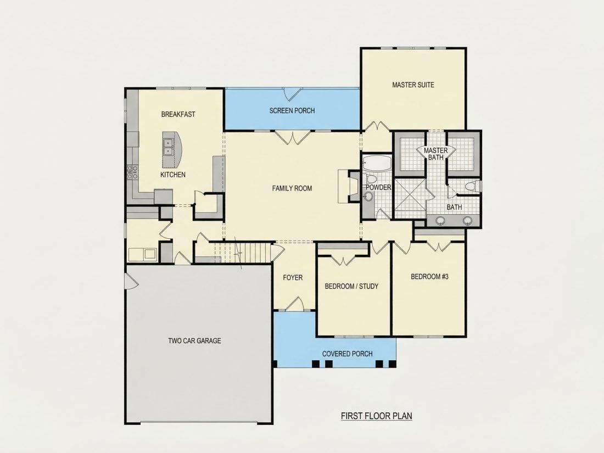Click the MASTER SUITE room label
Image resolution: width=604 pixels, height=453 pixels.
tap(413, 85)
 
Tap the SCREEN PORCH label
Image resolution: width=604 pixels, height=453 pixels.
tap(292, 110)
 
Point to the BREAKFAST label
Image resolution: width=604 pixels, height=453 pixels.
tap(178, 114)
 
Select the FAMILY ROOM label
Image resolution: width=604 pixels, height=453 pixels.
tap(292, 188)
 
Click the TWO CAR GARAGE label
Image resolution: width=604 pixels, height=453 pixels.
tap(194, 340)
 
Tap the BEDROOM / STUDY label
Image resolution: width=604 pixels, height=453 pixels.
tap(351, 286)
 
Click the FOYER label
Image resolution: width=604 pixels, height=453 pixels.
tap(293, 277)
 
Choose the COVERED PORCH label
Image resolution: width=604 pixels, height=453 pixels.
tap(348, 354)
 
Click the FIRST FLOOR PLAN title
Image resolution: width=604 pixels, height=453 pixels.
tap(376, 416)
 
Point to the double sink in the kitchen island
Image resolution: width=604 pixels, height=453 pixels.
tap(169, 147)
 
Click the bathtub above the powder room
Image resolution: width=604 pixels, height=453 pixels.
tap(377, 163)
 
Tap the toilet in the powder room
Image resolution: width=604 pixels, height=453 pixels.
tap(371, 179)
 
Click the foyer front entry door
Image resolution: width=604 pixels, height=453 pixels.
tap(295, 304)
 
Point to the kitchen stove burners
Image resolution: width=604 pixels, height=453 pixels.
tap(132, 172)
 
